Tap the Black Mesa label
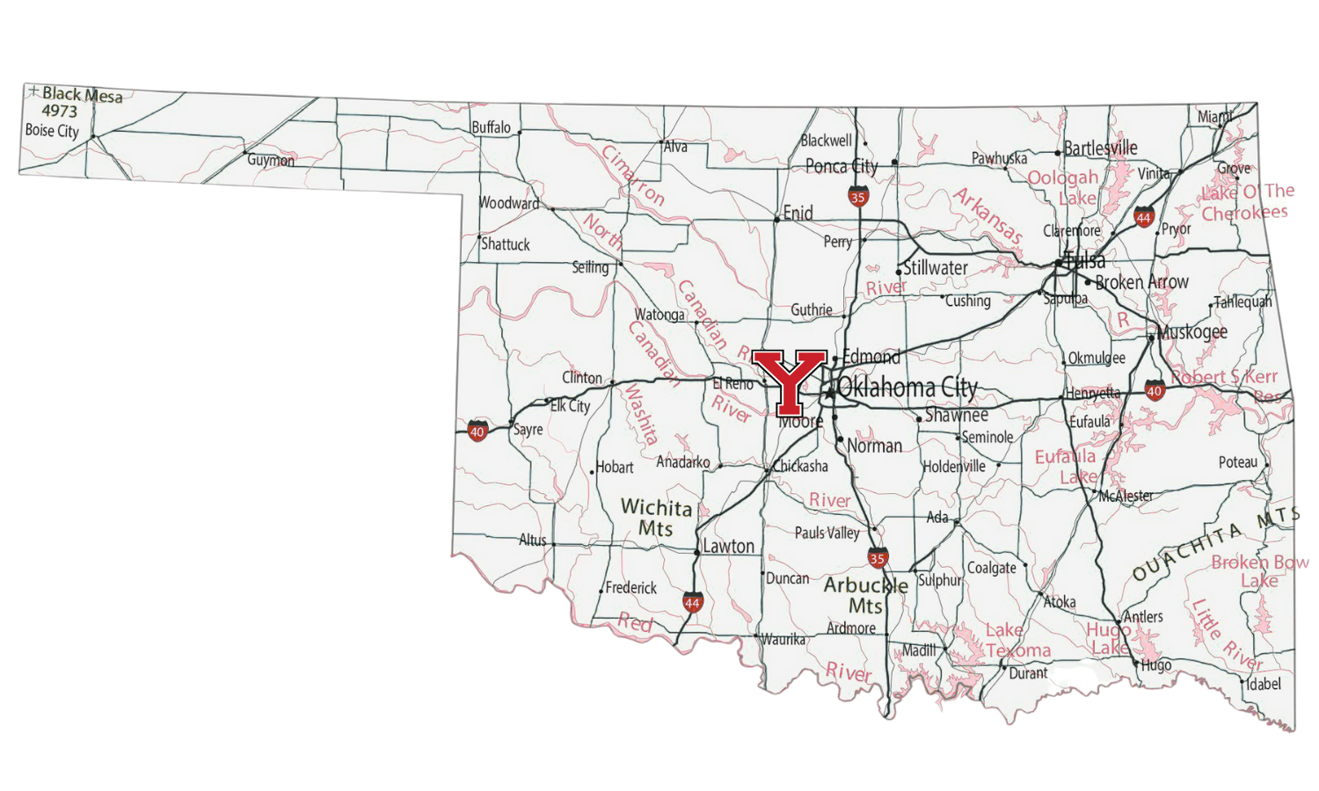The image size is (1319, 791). coord(82,95)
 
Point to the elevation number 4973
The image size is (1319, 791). coord(60,112)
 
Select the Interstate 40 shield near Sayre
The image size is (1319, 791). coord(477,431)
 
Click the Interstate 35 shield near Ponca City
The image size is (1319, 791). coord(858,197)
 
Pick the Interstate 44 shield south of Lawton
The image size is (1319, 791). coord(693,602)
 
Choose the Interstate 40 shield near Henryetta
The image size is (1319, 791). coord(1155,390)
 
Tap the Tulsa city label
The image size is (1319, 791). coord(1084,261)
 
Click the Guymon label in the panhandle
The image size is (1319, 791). coord(271,160)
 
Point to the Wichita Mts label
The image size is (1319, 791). coord(656,518)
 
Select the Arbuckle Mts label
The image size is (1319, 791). coord(865,595)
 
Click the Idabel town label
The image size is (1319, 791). coord(1264,684)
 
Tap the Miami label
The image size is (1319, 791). coord(1214,117)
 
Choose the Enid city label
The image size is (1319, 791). coord(798,213)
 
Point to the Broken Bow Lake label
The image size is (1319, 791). coord(1259,571)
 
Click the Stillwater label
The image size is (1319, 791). coord(936,268)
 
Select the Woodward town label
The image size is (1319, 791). coord(508,203)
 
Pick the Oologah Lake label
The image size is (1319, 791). coord(1064,187)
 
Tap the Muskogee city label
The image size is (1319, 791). coord(1192,332)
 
